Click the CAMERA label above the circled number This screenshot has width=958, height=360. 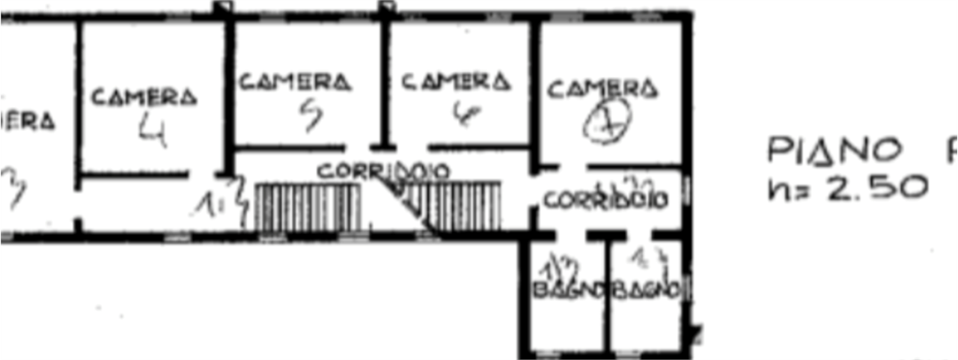tap(603, 89)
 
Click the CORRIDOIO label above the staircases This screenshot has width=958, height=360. tap(384, 171)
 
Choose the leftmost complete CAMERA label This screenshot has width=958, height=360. tap(144, 96)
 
